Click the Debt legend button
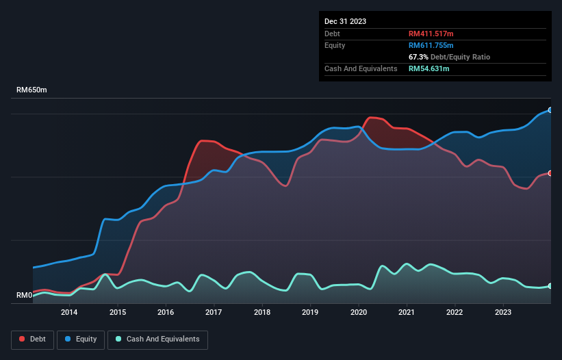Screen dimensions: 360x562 tap(33, 339)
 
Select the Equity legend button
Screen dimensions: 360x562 tap(81, 339)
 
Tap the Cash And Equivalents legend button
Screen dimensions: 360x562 tap(157, 339)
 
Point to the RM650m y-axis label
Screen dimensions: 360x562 tap(32, 90)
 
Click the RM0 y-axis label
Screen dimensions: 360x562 tap(24, 296)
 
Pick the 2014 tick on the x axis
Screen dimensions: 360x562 tap(69, 313)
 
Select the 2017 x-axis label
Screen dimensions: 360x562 tap(214, 313)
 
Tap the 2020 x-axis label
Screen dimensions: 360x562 tap(359, 313)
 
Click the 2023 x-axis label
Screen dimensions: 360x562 tap(503, 313)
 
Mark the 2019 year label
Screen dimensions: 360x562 tap(310, 313)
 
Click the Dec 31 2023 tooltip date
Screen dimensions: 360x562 tap(345, 21)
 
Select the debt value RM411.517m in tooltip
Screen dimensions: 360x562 tap(431, 34)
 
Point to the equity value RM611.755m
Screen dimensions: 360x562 tap(432, 45)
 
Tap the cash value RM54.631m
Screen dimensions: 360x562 tap(429, 68)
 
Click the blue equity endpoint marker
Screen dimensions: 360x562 tap(550, 110)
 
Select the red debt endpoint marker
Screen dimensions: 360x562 tap(550, 173)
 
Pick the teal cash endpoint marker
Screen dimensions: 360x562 tap(550, 286)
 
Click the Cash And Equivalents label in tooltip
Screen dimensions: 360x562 tap(361, 68)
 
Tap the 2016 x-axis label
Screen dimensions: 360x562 tap(166, 313)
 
